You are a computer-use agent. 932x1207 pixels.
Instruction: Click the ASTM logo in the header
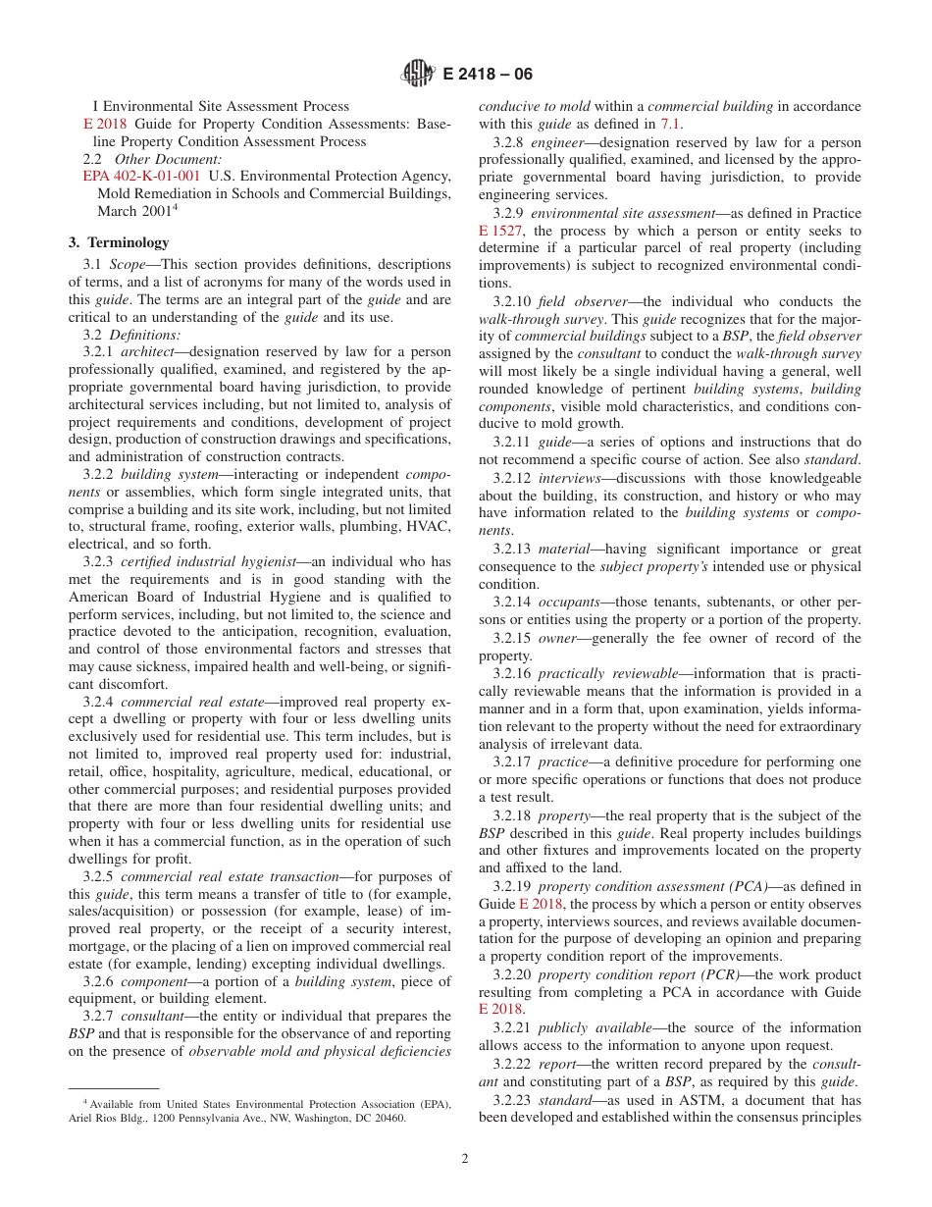click(419, 73)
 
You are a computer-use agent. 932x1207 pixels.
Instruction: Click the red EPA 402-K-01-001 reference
click(142, 176)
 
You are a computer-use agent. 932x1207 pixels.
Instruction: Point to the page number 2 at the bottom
click(465, 1158)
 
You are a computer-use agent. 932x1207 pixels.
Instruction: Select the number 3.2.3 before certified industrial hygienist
click(99, 561)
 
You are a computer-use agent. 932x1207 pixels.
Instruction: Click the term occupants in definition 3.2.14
click(569, 602)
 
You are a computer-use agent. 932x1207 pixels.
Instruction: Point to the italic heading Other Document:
click(168, 158)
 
